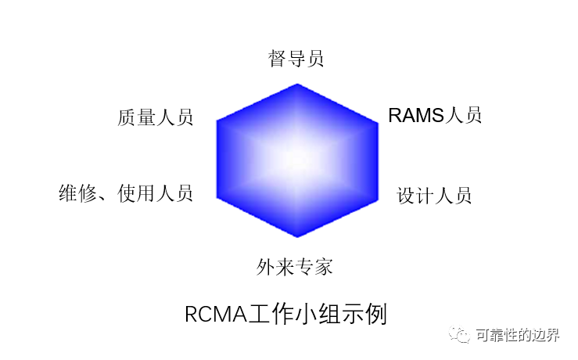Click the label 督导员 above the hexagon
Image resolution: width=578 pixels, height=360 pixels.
(296, 59)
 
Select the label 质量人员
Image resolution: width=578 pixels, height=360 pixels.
(155, 117)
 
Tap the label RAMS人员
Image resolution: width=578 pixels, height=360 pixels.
(435, 115)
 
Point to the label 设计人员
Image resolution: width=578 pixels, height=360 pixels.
(434, 196)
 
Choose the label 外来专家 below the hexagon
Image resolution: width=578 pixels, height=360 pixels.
(295, 267)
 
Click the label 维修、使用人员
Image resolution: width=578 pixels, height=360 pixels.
(126, 193)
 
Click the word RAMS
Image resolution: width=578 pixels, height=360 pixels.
(417, 115)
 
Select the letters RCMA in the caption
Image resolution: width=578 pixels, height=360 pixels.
(216, 315)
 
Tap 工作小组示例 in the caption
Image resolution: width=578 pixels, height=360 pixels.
(317, 314)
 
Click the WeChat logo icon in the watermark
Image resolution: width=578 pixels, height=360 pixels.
(459, 334)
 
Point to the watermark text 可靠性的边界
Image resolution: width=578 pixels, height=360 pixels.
(518, 335)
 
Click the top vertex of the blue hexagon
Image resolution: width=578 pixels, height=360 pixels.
(297, 84)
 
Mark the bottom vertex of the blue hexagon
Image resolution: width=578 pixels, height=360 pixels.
(297, 237)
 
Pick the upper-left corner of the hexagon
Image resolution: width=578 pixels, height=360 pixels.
(217, 121)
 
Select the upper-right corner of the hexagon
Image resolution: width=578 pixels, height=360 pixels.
(379, 122)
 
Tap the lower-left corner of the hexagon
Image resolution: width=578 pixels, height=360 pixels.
(217, 198)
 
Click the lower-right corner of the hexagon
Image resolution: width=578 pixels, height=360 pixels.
(379, 200)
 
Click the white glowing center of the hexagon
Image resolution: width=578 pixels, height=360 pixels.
(297, 160)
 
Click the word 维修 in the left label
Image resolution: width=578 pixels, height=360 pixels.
(77, 193)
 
